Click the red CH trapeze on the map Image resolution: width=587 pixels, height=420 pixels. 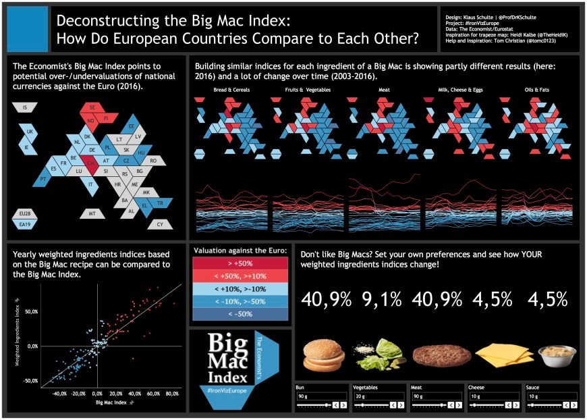(x=91, y=162)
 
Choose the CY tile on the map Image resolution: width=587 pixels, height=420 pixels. (x=160, y=224)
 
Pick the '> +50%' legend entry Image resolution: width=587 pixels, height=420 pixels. (x=240, y=263)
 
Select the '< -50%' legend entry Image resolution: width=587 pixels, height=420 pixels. (x=240, y=314)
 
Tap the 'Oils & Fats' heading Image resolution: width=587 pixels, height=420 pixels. (x=537, y=90)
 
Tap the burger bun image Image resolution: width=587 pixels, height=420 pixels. (x=323, y=355)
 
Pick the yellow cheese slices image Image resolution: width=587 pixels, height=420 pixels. (x=499, y=355)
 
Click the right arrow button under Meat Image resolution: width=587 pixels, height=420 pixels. (x=458, y=406)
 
